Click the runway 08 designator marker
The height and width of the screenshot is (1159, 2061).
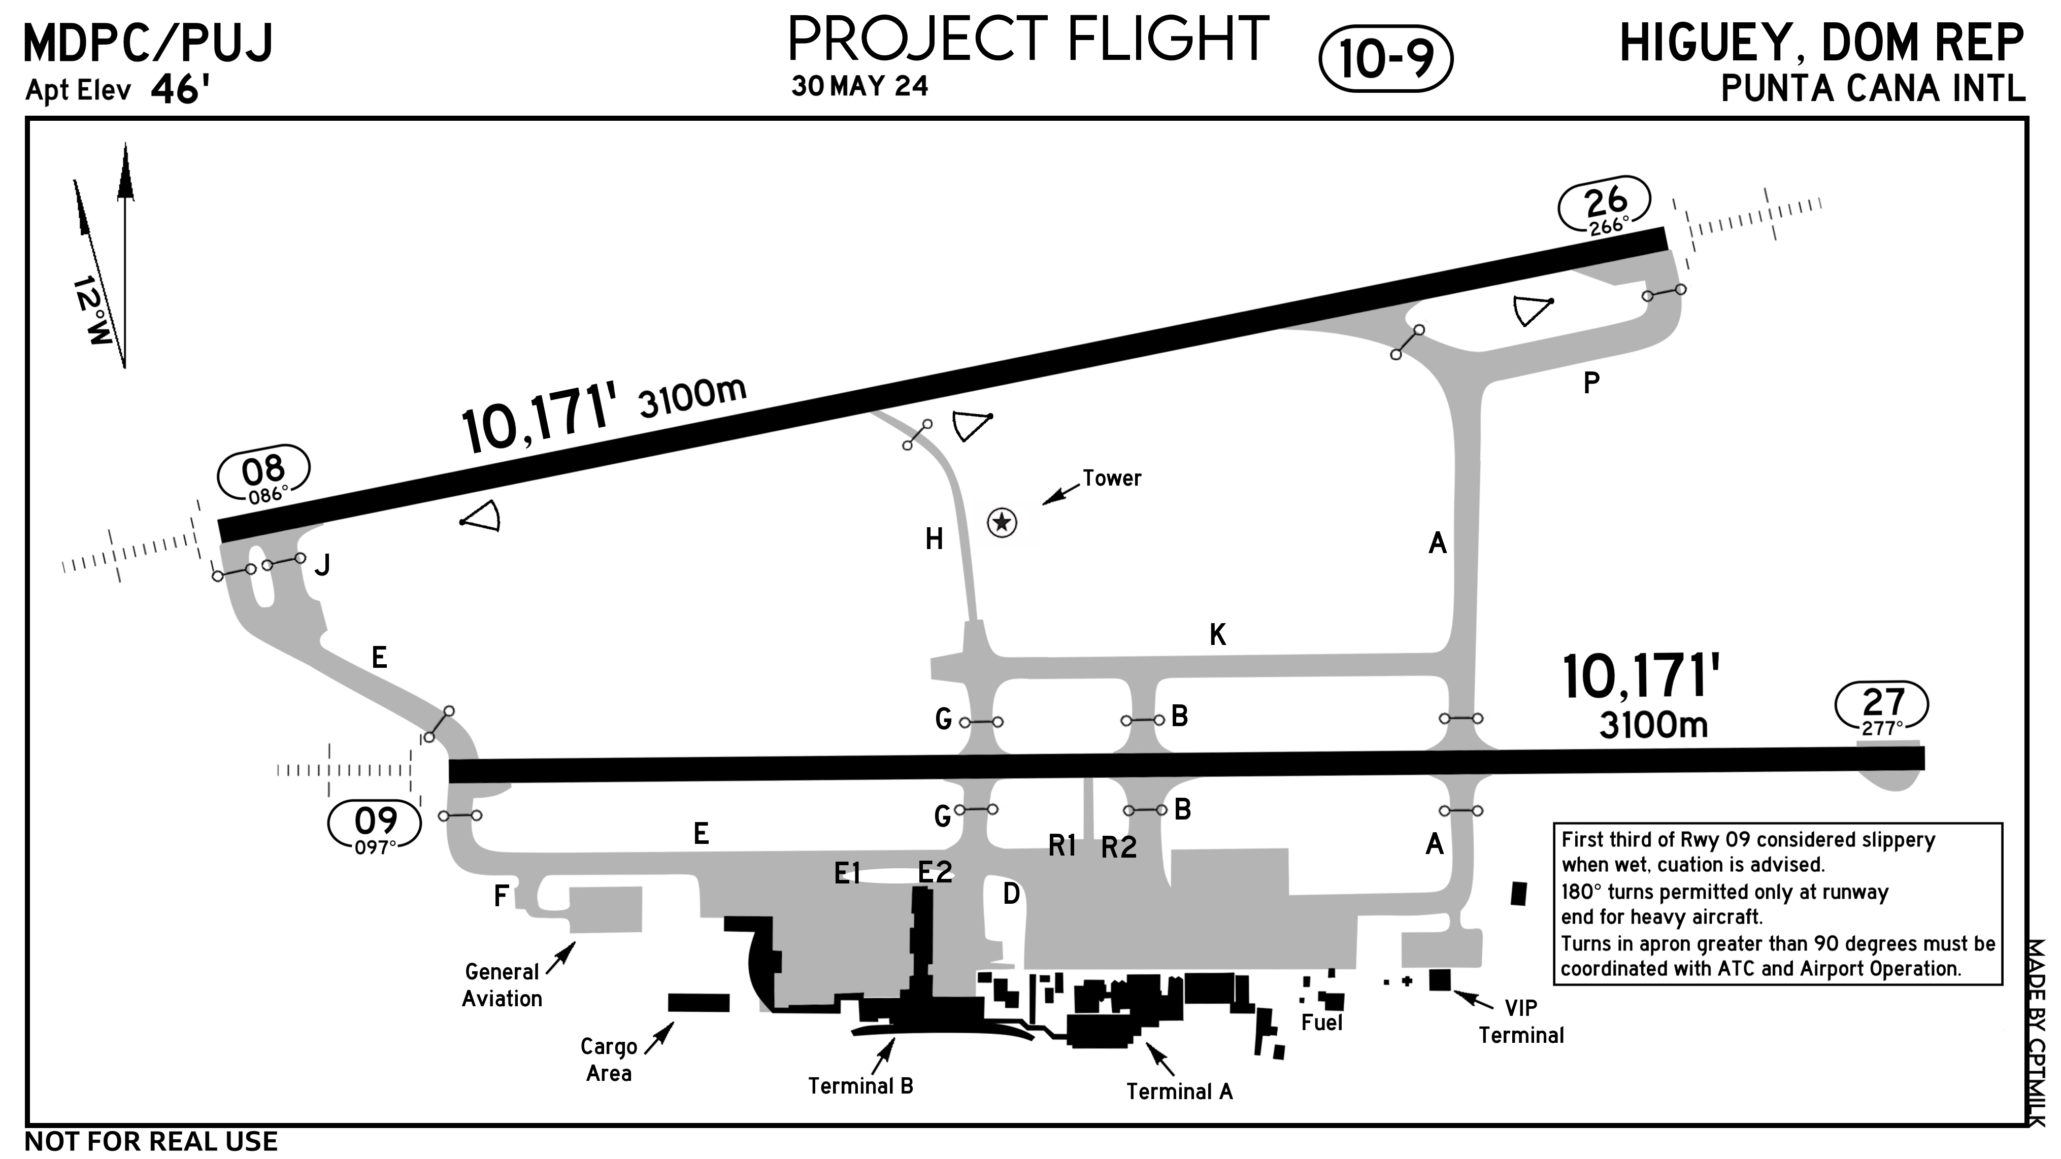pos(263,479)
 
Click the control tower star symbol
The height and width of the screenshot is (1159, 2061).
pos(1002,523)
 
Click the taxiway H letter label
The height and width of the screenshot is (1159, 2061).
pos(934,540)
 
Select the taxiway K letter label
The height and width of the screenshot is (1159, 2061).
pos(1217,635)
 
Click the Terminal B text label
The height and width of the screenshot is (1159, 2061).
pos(860,1085)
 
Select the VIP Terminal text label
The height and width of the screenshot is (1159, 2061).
pos(1520,1021)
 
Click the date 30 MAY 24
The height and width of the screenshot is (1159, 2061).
pos(859,86)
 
